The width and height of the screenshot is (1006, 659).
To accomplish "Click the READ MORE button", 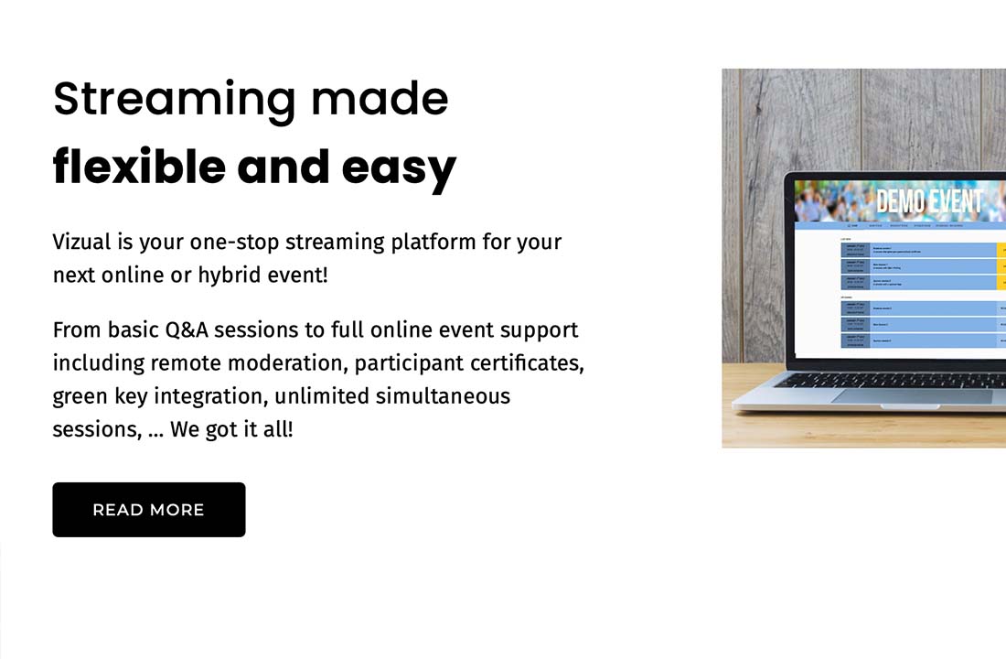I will click(148, 510).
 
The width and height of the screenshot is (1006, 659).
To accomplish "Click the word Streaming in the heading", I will click(174, 99).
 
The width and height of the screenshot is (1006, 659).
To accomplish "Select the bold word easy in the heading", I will click(399, 168).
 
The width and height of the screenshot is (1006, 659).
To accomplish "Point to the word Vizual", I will click(82, 243).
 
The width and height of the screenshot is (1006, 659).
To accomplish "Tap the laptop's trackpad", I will click(911, 396).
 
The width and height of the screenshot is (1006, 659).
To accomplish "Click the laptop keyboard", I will click(905, 379).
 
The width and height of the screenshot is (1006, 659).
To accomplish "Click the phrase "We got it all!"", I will click(231, 429).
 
